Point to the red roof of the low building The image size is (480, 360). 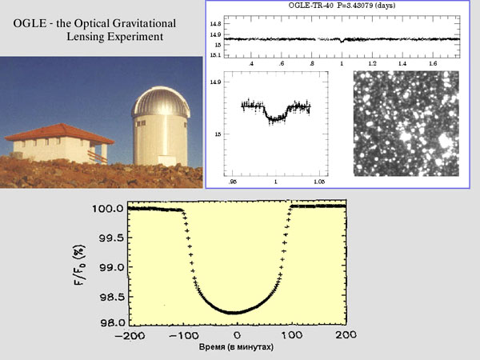[x=61, y=131]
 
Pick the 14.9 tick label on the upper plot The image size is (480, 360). [x=215, y=35]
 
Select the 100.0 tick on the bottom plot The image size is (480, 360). [x=110, y=208]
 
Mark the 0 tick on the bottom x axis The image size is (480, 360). [x=236, y=334]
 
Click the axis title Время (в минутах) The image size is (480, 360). [x=237, y=348]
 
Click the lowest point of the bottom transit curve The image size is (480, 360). [x=236, y=312]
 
